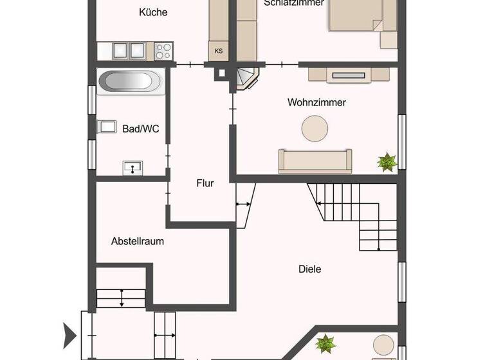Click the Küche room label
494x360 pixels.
(x=154, y=12)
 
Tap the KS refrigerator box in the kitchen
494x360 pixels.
(x=219, y=50)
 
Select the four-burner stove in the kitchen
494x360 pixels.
(x=163, y=50)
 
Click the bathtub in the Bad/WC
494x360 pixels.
(x=129, y=82)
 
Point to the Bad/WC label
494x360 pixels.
(x=140, y=129)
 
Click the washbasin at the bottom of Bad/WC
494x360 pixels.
(x=133, y=168)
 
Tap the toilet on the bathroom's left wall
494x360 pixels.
(x=105, y=127)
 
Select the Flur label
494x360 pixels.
(x=205, y=183)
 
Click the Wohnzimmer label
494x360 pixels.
(x=316, y=103)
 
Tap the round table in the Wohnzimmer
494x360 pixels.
(x=316, y=127)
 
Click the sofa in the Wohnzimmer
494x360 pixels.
(x=315, y=161)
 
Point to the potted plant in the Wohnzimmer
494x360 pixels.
(x=387, y=162)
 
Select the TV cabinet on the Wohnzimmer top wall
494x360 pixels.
(x=349, y=75)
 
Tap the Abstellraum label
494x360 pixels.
(x=137, y=242)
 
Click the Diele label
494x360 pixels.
(x=309, y=269)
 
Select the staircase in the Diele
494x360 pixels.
(x=360, y=215)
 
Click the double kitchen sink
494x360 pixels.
(x=128, y=50)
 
